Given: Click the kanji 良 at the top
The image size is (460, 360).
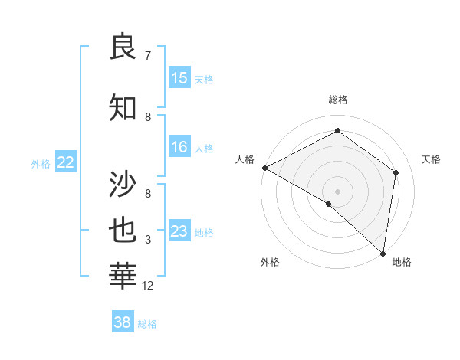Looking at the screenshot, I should [123, 47].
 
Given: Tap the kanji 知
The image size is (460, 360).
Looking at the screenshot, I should [123, 108].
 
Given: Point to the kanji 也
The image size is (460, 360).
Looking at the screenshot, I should [123, 231].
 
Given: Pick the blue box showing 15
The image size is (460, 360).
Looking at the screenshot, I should [179, 78].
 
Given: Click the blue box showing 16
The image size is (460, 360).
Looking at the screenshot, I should [179, 147].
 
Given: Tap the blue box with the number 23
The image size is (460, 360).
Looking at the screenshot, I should [179, 231].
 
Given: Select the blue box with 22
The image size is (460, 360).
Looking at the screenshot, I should [66, 162].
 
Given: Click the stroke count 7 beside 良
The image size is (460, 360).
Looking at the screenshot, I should [148, 56].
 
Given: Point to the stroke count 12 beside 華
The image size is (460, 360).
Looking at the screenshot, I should [148, 286].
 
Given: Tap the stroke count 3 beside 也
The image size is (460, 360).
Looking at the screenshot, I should [148, 240].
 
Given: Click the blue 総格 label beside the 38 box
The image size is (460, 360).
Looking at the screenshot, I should [147, 324].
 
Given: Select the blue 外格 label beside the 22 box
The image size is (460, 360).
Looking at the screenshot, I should [41, 163].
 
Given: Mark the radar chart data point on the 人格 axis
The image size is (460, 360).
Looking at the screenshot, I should [264, 168].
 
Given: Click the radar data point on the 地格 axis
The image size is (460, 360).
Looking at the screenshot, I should [382, 253].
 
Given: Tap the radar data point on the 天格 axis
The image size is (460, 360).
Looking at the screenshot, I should [396, 172].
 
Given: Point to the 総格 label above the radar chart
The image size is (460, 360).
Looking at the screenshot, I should [338, 100].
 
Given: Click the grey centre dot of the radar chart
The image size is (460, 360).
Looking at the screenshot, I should [338, 191].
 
